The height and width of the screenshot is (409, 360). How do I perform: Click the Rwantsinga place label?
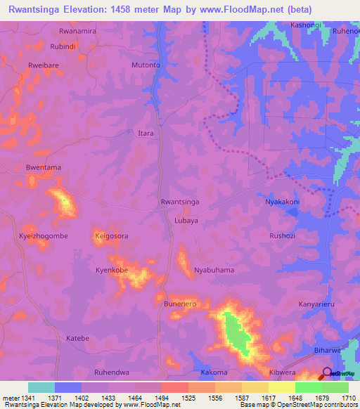coord(180,202)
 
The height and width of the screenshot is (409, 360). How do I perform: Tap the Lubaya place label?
coord(186,220)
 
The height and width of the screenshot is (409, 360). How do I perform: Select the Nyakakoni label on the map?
coord(282,202)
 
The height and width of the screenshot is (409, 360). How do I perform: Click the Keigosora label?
coord(111,236)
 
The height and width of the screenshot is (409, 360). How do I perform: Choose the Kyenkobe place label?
coord(112,270)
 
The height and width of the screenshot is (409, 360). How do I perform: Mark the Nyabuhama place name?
coord(214,270)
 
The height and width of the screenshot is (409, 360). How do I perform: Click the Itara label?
coord(146,133)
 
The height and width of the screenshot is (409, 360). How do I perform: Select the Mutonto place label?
coord(146,65)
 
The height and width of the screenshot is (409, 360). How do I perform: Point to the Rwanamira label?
coord(77,32)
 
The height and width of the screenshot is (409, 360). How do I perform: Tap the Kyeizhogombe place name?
coord(44,236)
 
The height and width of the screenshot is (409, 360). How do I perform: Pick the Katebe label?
coord(77,338)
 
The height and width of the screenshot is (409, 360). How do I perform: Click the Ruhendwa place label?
coord(112,372)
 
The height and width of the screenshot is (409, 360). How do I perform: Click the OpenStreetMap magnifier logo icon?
coord(327,374)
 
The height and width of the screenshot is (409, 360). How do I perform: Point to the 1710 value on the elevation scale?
coord(349,398)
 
